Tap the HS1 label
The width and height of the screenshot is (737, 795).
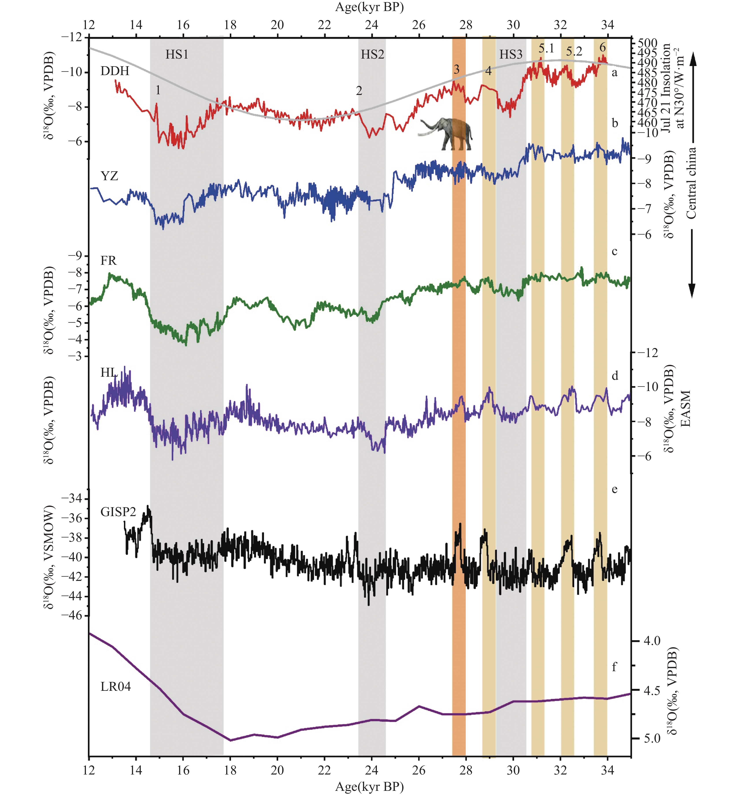(177, 54)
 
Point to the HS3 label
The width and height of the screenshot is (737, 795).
(511, 54)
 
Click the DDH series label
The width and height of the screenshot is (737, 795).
(115, 71)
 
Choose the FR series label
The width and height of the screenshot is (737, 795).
(108, 260)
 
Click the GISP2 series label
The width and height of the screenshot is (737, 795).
(118, 512)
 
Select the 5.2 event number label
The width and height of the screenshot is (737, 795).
(574, 51)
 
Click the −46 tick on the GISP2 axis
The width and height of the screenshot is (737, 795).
(71, 615)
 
